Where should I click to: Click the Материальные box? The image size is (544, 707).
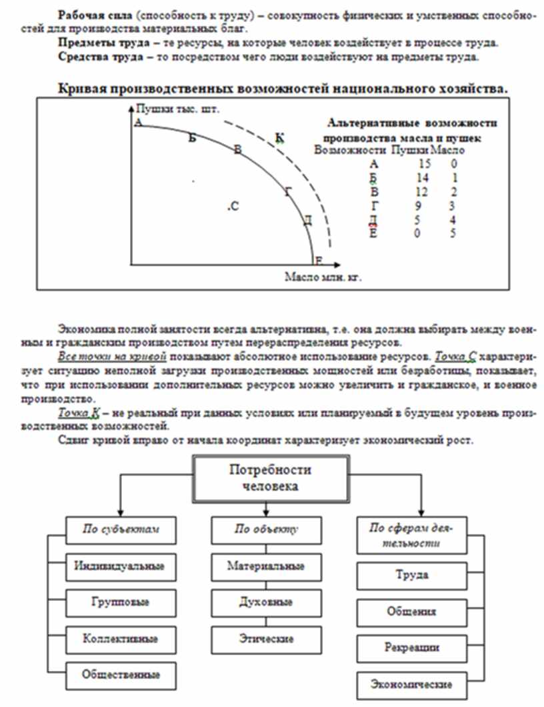265,566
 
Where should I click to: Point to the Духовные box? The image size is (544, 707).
265,602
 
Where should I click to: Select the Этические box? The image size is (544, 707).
265,638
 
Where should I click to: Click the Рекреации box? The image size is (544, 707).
411,648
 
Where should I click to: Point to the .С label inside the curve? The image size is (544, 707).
233,207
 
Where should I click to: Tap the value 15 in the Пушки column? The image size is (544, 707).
424,164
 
